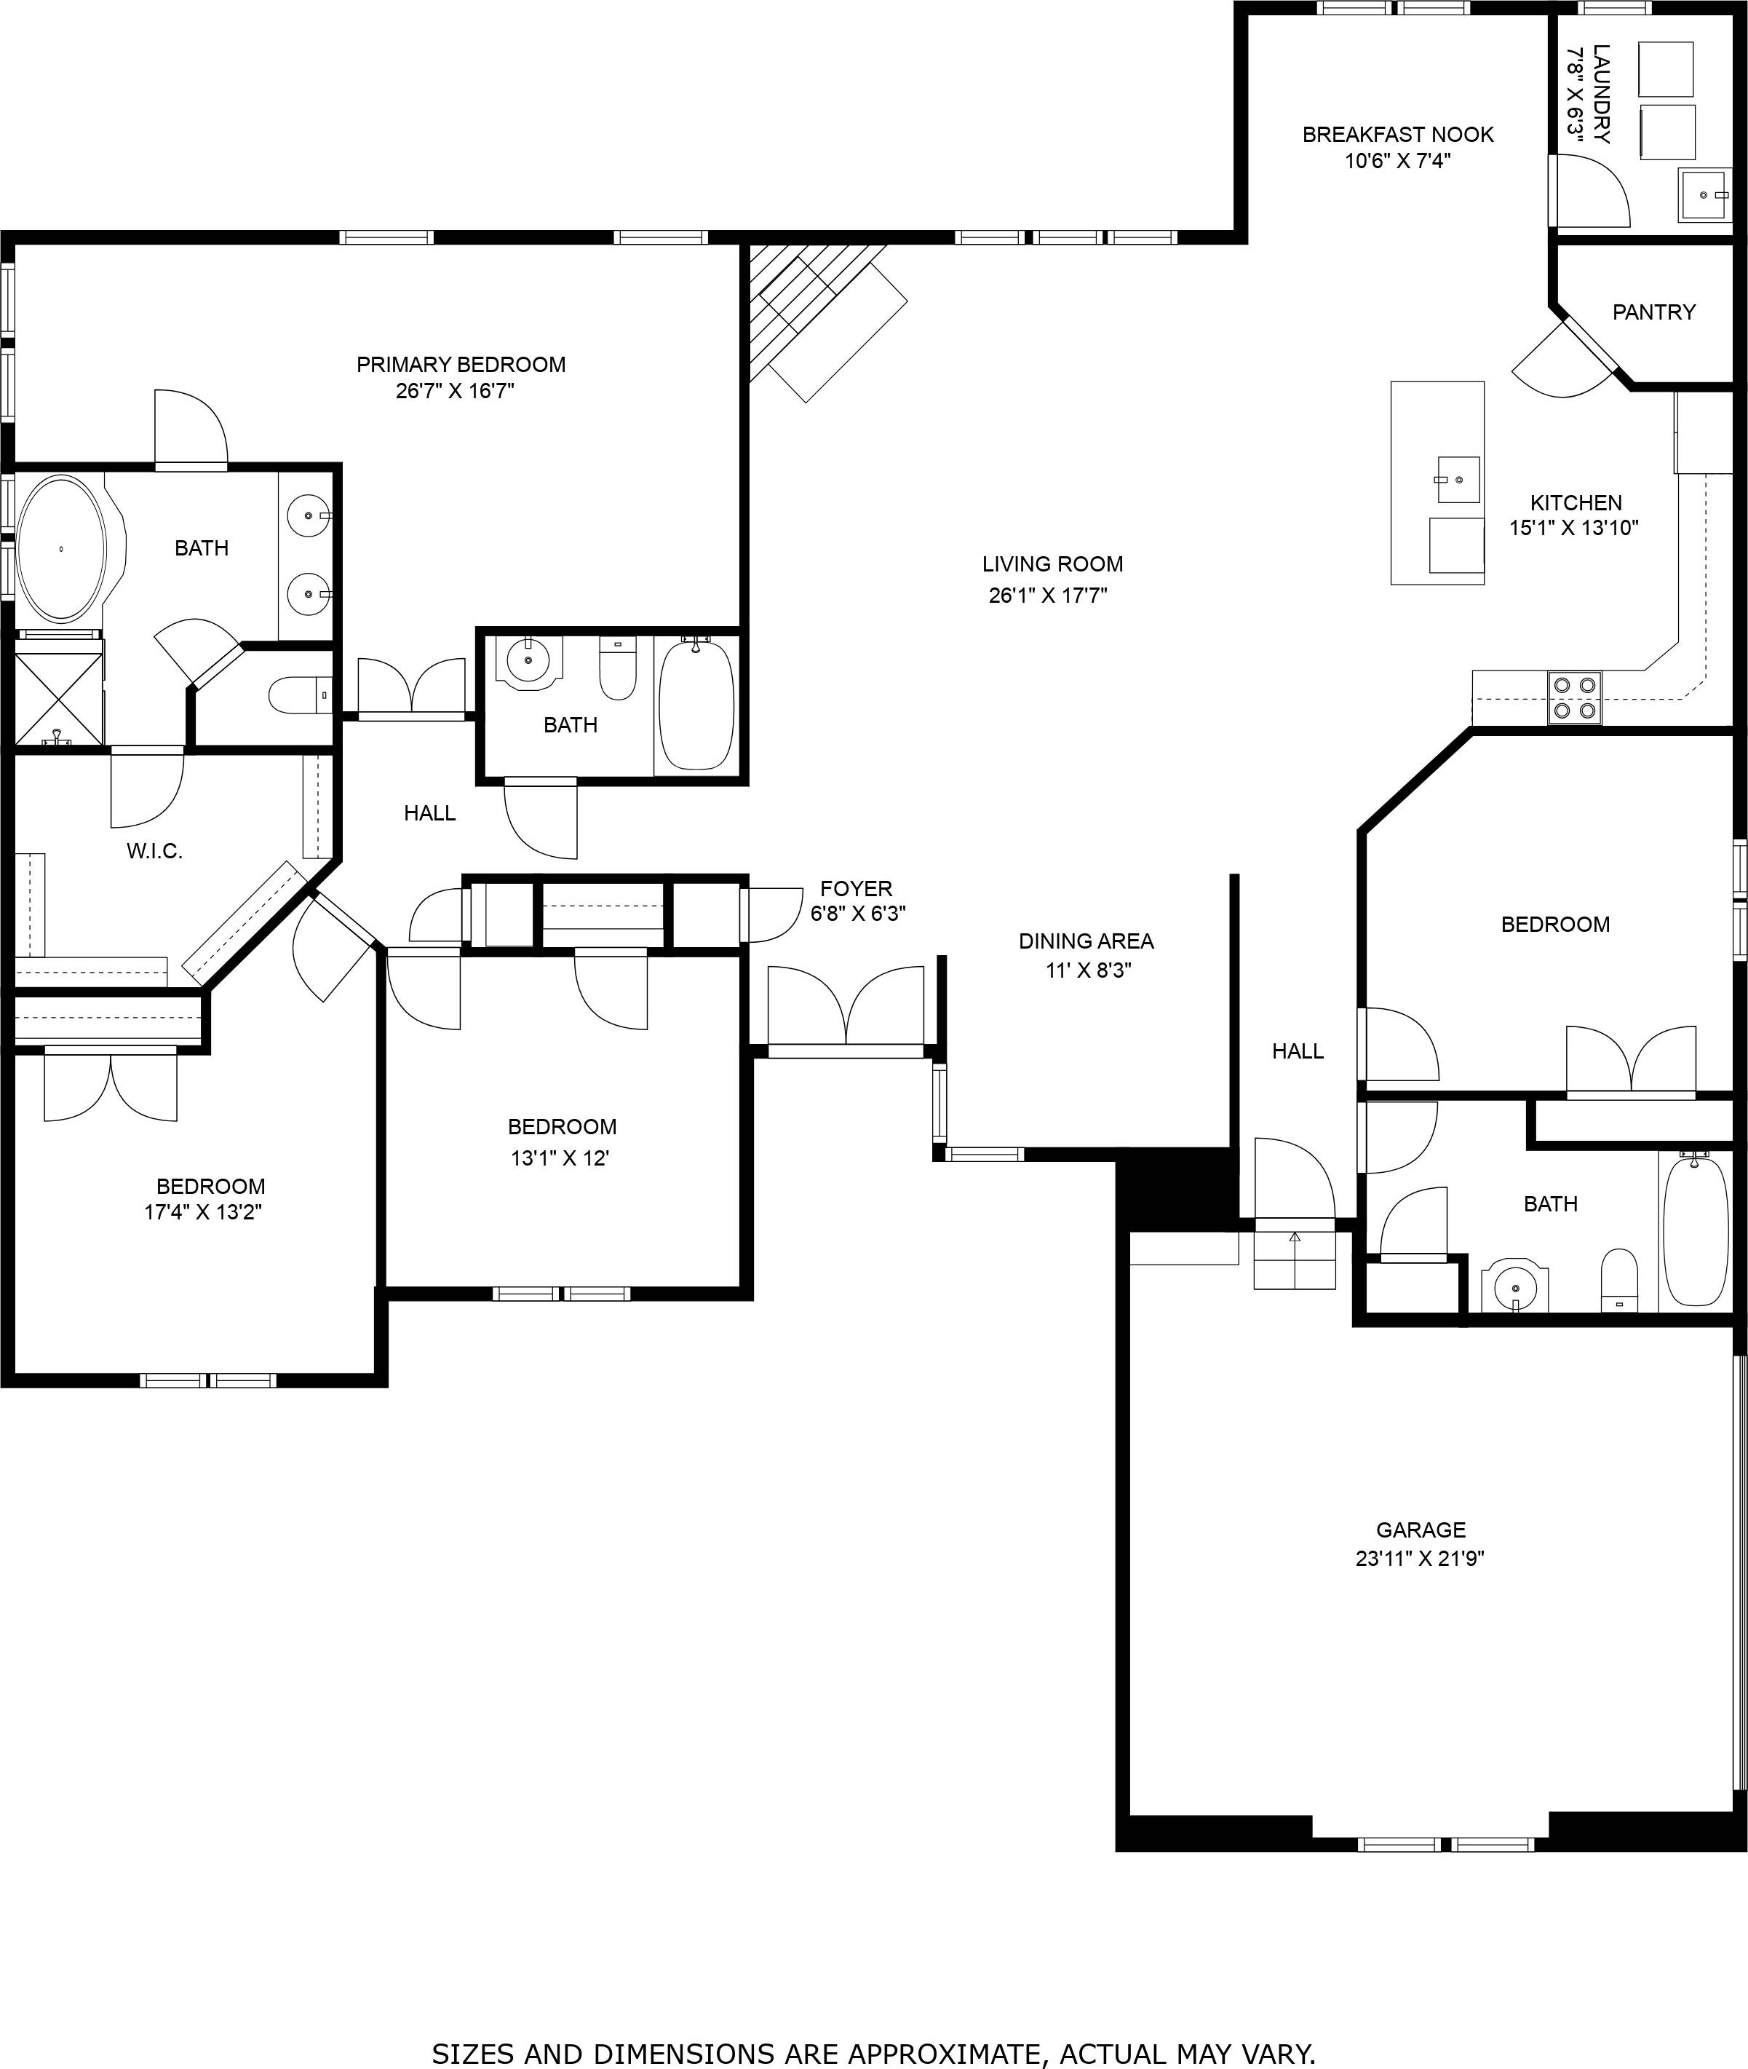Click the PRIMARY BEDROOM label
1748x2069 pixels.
[461, 364]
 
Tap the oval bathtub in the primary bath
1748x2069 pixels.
[61, 549]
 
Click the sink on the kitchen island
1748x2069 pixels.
[1458, 480]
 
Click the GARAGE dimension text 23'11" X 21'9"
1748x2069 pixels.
[1419, 1557]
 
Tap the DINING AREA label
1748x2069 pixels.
[1086, 941]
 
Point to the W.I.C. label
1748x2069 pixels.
[154, 850]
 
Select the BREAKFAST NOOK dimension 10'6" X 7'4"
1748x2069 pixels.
[1397, 161]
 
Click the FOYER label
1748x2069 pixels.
[856, 888]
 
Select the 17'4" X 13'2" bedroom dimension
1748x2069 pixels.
[203, 1211]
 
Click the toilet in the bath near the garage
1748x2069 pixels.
[1619, 1279]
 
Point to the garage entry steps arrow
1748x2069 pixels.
[1294, 1237]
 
